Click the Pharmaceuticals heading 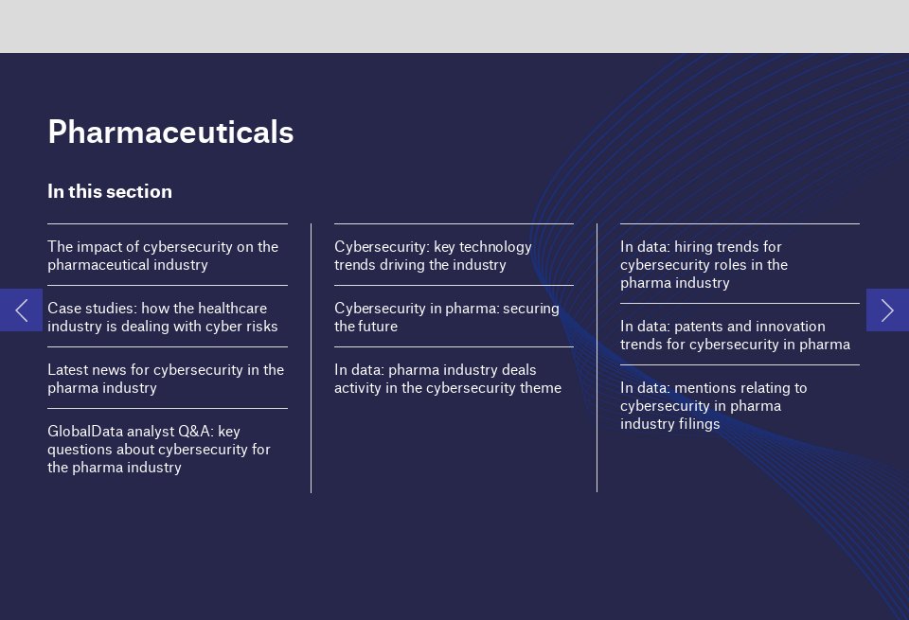pyautogui.click(x=170, y=133)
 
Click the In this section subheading pyautogui.click(x=110, y=192)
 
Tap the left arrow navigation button pyautogui.click(x=21, y=310)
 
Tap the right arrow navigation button pyautogui.click(x=887, y=310)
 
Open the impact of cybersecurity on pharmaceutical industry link pyautogui.click(x=163, y=256)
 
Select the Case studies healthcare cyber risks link pyautogui.click(x=163, y=317)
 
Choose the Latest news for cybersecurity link pyautogui.click(x=166, y=379)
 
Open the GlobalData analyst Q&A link pyautogui.click(x=159, y=449)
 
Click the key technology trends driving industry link pyautogui.click(x=433, y=256)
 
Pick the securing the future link pyautogui.click(x=447, y=317)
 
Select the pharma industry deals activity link pyautogui.click(x=448, y=379)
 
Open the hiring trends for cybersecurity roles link pyautogui.click(x=704, y=264)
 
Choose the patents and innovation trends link pyautogui.click(x=735, y=335)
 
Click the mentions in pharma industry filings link pyautogui.click(x=714, y=405)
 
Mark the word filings pyautogui.click(x=699, y=424)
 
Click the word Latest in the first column pyautogui.click(x=67, y=370)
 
